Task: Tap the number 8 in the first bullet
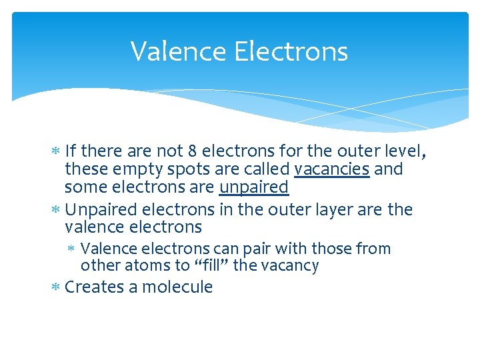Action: pos(195,151)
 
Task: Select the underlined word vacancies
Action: pos(331,169)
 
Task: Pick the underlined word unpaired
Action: pos(253,187)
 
